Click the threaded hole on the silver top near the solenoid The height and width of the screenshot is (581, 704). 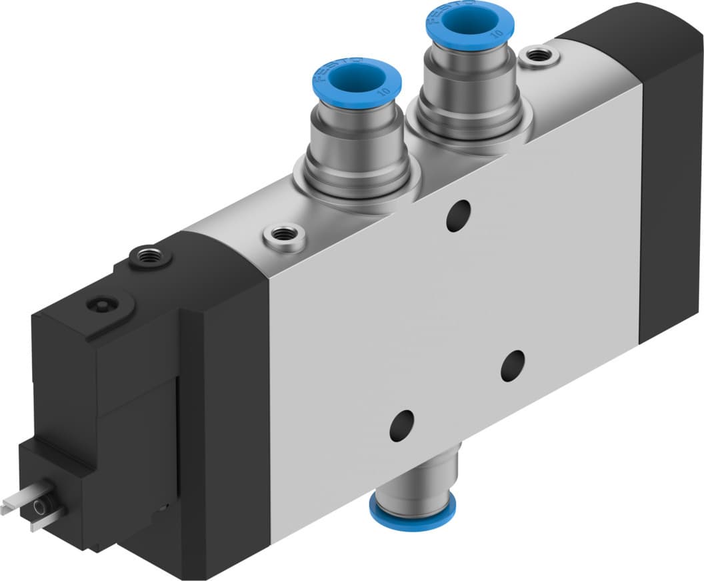pos(285,235)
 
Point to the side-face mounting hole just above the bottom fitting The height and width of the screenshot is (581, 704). pos(401,424)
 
